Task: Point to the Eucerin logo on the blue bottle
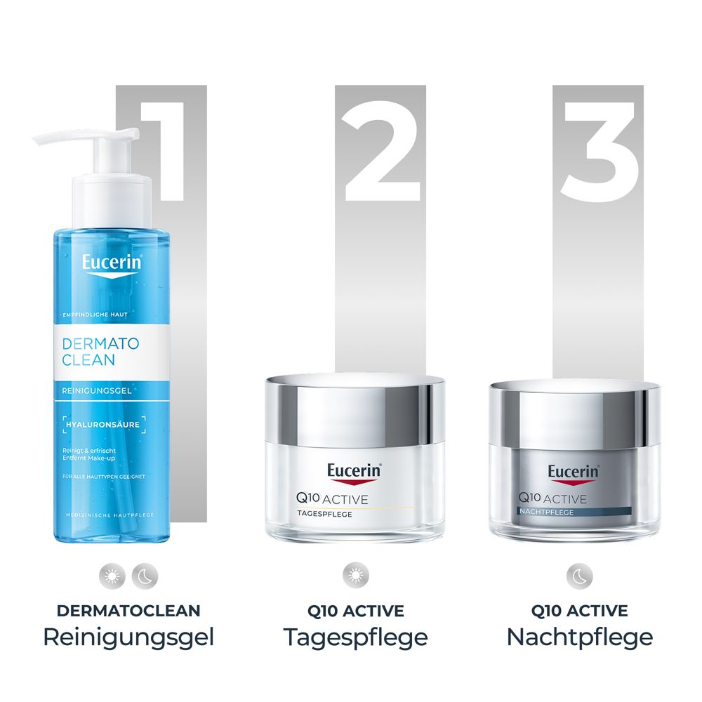pyautogui.click(x=112, y=265)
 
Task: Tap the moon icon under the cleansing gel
pyautogui.click(x=145, y=576)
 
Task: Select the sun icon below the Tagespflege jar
pyautogui.click(x=355, y=576)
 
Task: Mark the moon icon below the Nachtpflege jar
pyautogui.click(x=579, y=576)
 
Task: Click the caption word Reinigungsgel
pyautogui.click(x=128, y=637)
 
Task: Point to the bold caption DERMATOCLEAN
pyautogui.click(x=128, y=611)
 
